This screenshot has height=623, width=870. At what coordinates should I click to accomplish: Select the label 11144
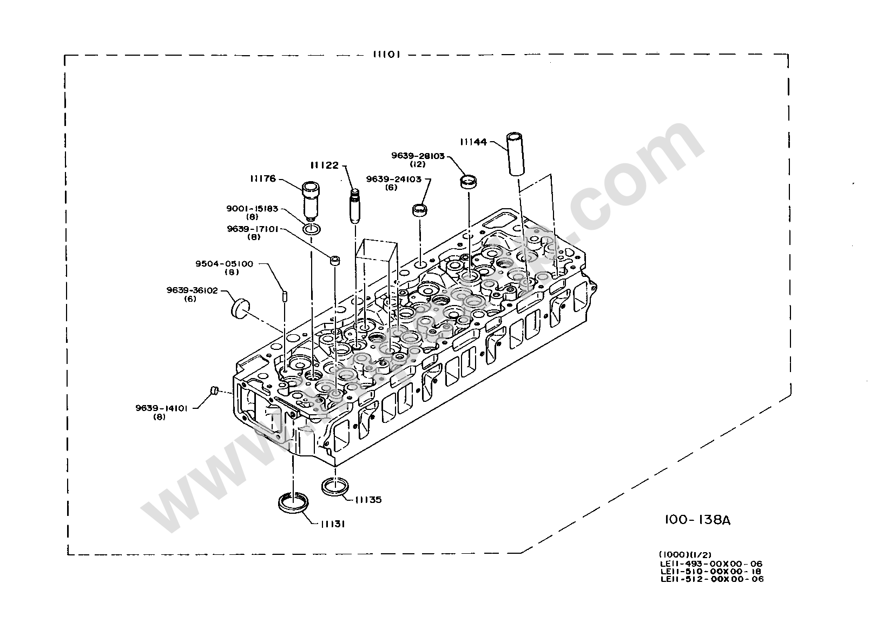[473, 142]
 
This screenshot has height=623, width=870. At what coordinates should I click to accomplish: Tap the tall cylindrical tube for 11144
[514, 153]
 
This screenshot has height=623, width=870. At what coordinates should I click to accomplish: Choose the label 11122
[324, 164]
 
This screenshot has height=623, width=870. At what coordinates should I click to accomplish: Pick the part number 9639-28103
[418, 156]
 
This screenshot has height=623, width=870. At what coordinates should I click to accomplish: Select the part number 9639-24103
[393, 178]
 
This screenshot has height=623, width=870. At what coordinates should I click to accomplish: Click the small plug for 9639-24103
[420, 210]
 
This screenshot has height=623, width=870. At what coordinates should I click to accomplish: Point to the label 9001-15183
[252, 208]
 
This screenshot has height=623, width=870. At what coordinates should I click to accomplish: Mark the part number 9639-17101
[253, 228]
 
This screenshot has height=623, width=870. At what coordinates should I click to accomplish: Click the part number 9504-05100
[224, 264]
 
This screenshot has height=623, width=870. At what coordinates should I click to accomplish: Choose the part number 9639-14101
[161, 409]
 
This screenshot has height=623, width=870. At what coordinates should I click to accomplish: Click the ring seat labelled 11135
[335, 485]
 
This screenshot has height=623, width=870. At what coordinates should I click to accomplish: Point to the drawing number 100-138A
[697, 520]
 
